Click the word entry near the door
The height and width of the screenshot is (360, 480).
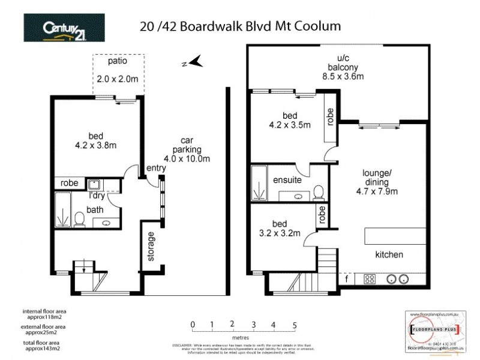point(156,169)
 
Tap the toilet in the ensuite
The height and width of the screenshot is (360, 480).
point(319,192)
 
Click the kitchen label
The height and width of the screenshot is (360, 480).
point(389,255)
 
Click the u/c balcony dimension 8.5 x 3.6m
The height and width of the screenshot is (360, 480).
point(343,76)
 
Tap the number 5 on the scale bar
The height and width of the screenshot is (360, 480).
point(294,325)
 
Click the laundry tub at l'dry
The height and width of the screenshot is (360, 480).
point(94,184)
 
